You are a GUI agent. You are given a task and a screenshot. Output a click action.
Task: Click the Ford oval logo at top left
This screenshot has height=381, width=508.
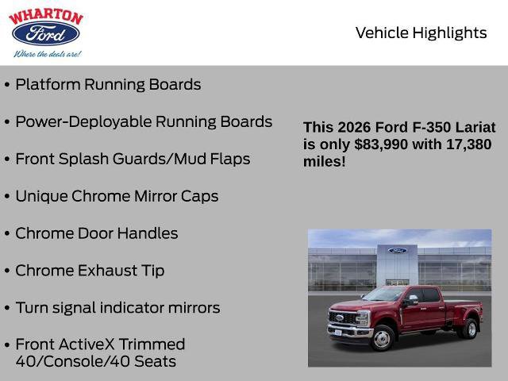44,34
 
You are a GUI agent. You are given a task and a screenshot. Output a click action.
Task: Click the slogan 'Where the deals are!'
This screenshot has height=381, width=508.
46,54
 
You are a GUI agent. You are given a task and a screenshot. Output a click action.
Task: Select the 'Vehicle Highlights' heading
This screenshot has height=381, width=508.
421,33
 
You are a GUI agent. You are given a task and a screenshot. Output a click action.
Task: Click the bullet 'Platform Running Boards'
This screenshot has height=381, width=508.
108,84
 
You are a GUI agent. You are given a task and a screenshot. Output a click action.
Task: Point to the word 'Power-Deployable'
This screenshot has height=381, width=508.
83,121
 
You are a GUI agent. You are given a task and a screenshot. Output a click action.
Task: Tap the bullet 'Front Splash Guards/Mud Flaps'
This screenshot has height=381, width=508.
133,159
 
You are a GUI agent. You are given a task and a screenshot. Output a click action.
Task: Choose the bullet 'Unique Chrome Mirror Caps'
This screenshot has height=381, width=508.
117,196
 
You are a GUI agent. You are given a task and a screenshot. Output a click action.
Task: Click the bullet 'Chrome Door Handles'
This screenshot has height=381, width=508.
96,233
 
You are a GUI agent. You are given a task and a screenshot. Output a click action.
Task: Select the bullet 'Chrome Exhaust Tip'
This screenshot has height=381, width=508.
90,271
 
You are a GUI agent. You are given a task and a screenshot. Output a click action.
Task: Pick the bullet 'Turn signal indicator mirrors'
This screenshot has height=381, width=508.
117,308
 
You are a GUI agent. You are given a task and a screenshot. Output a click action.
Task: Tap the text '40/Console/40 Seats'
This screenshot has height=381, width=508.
95,361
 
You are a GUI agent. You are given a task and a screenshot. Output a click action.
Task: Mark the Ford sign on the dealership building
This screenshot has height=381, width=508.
397,251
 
